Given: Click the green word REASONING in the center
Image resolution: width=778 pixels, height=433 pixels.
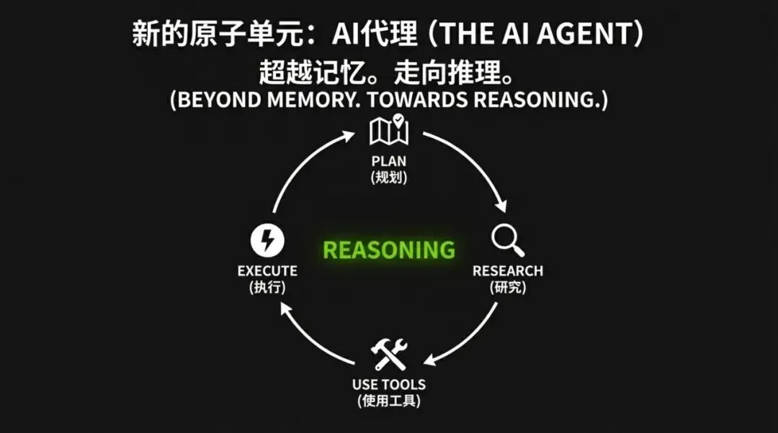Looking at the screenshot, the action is point(389,250).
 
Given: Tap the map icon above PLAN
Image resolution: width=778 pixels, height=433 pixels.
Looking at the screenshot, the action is point(389,130).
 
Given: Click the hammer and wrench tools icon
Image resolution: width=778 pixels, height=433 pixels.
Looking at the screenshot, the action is point(389,355).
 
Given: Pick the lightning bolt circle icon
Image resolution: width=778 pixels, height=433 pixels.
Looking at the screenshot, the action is point(267,240).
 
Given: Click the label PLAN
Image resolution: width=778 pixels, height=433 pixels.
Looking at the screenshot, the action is point(389,161).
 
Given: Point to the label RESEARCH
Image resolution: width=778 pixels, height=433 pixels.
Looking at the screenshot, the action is point(508,271).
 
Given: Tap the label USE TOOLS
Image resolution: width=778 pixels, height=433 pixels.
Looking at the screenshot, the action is point(389,385).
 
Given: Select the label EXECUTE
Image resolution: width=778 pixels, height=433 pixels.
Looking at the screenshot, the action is point(267,271).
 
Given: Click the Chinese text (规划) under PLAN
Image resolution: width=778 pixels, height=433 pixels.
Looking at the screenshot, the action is point(389,177).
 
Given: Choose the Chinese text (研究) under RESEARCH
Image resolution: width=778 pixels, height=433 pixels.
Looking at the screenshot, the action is point(508,287).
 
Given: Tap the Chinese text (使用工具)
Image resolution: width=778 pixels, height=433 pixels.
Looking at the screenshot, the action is point(389,401).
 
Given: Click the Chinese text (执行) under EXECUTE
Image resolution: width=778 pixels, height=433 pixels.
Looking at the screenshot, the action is point(267,287).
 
